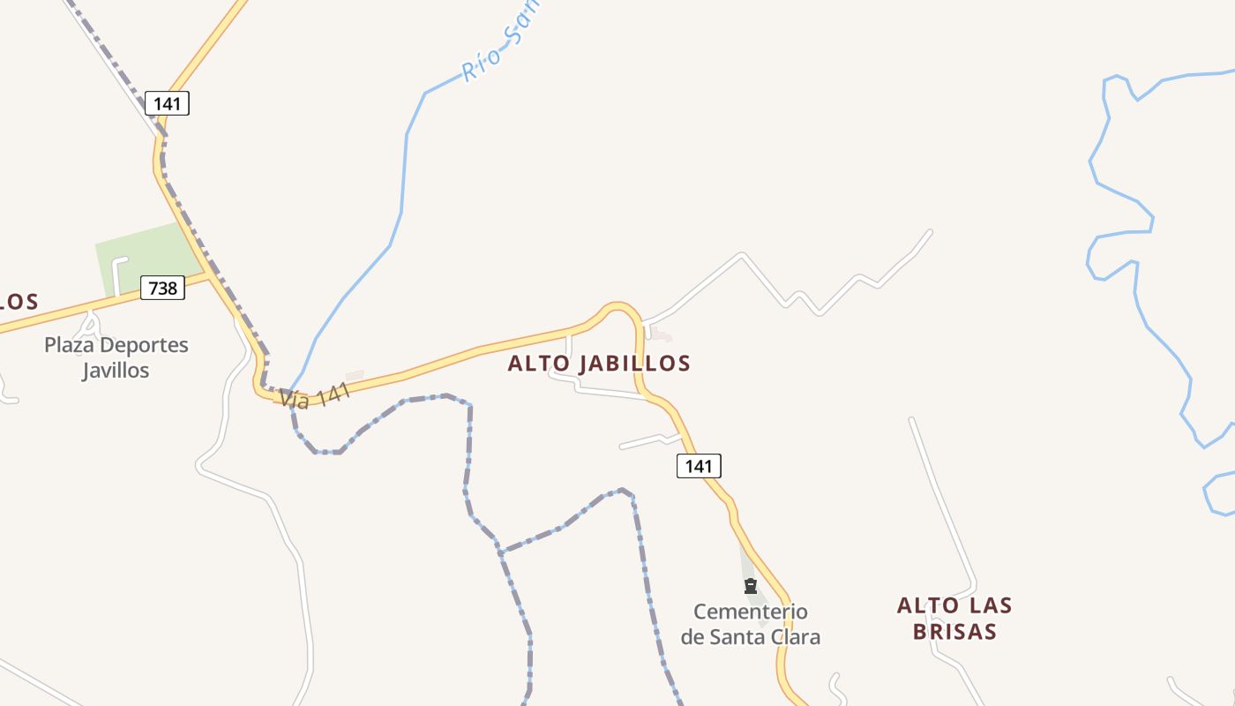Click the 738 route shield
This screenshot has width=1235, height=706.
(162, 288)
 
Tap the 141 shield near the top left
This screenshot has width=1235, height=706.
(167, 103)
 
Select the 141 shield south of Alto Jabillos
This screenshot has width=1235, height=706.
(699, 466)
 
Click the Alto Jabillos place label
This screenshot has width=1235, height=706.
(599, 363)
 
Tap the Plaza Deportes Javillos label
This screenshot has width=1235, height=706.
(116, 357)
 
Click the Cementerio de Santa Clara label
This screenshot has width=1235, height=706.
(751, 623)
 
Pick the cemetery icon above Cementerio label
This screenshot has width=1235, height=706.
(751, 586)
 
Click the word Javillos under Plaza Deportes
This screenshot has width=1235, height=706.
(116, 370)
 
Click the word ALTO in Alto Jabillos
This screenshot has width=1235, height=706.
(539, 363)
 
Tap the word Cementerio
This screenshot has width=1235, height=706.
(751, 612)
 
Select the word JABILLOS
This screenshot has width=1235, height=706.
(633, 363)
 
